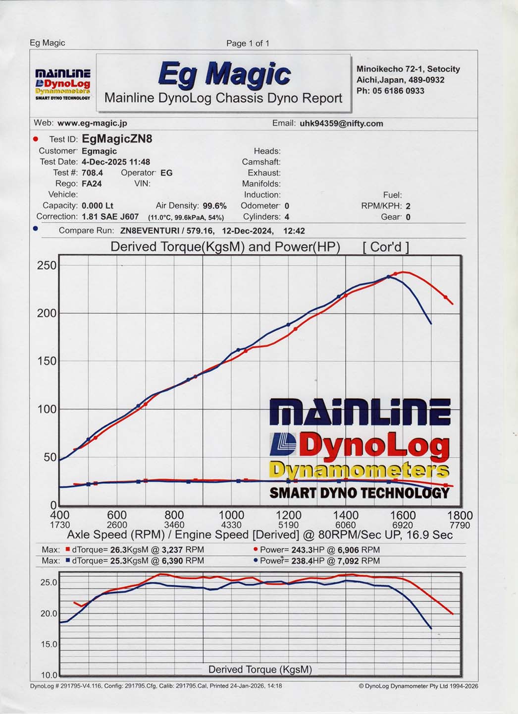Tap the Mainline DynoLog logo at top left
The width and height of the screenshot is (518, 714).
click(x=63, y=84)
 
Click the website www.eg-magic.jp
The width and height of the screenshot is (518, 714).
click(x=92, y=123)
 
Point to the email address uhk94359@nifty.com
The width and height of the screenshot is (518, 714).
click(x=341, y=123)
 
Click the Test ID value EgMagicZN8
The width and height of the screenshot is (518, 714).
click(x=117, y=139)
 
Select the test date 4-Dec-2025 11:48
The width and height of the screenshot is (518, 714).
click(x=116, y=162)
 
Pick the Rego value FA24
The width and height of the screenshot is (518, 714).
click(x=92, y=183)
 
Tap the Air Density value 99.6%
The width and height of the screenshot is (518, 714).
click(x=214, y=206)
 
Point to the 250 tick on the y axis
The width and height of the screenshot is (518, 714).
click(x=47, y=265)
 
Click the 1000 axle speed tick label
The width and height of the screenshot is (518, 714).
click(x=231, y=516)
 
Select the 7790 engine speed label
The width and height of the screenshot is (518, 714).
click(x=460, y=525)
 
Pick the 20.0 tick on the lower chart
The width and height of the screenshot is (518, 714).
click(x=49, y=613)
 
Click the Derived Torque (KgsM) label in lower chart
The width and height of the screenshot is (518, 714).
click(x=260, y=669)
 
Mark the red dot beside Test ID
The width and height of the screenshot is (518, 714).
click(x=35, y=139)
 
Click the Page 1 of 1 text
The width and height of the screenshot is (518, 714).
click(x=248, y=43)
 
